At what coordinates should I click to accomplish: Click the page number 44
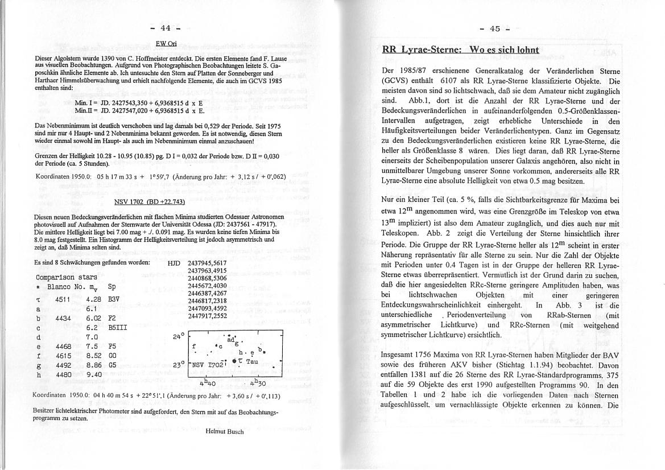click(166, 28)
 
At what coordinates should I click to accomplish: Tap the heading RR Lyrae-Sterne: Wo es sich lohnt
click(461, 50)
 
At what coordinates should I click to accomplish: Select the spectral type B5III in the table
click(118, 328)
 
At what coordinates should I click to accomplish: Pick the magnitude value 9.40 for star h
click(94, 374)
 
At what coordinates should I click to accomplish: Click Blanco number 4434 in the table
click(63, 318)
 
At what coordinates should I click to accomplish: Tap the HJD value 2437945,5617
click(207, 262)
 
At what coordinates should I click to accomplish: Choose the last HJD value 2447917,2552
click(207, 316)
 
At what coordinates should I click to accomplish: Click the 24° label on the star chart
click(177, 336)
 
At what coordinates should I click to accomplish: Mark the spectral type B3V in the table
click(116, 298)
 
